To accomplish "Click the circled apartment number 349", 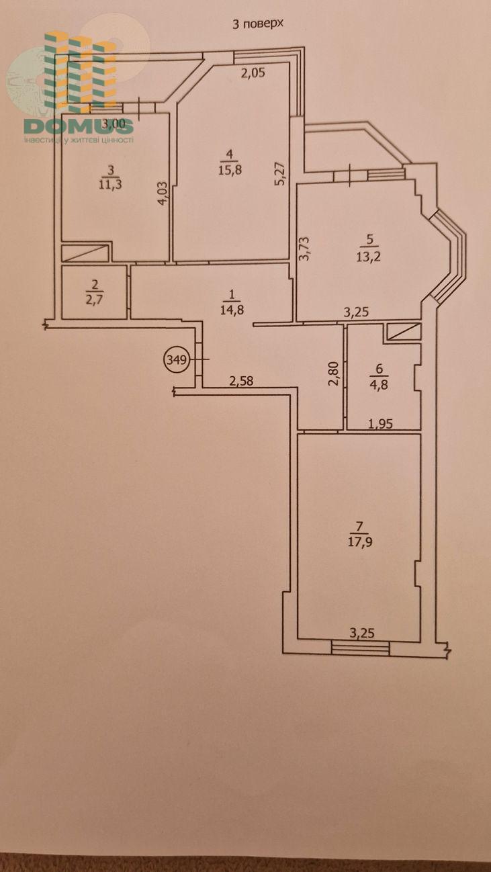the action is (176, 359).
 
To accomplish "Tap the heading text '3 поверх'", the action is (257, 24).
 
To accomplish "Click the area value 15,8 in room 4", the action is (230, 170).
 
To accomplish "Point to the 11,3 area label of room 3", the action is (111, 184).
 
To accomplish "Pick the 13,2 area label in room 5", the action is (369, 256).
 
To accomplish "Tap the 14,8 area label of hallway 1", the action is (232, 310).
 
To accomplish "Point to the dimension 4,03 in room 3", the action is (163, 193).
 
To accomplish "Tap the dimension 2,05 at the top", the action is (253, 73).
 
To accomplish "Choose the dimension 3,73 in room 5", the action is (304, 249).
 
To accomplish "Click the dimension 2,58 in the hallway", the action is (241, 380).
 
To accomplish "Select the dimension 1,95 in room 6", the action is (380, 423).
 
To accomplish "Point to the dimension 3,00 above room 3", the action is (114, 124).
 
